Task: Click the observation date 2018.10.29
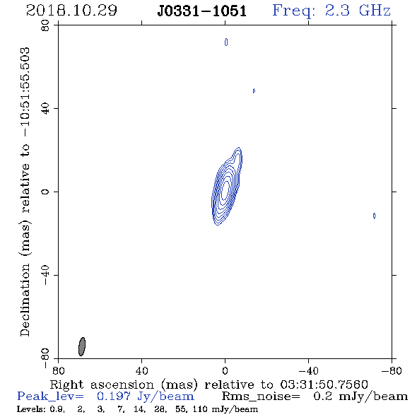click(x=71, y=11)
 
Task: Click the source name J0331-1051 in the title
click(x=201, y=11)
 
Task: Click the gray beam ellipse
click(x=82, y=346)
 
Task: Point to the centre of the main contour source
click(x=225, y=188)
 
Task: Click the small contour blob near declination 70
click(x=226, y=42)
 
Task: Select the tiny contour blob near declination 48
click(x=254, y=91)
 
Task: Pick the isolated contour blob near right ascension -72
click(x=375, y=216)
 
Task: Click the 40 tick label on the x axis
click(x=141, y=371)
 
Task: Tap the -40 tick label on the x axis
click(x=308, y=371)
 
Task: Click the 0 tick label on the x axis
click(x=225, y=371)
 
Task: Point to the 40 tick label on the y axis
click(x=45, y=109)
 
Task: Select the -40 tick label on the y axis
click(x=45, y=275)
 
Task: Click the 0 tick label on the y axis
click(x=45, y=192)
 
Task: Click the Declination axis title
click(x=25, y=192)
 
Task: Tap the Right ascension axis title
click(x=209, y=384)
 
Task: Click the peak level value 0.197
click(x=114, y=397)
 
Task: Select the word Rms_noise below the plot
click(x=261, y=397)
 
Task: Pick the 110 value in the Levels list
click(x=198, y=409)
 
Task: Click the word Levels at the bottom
click(x=29, y=409)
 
